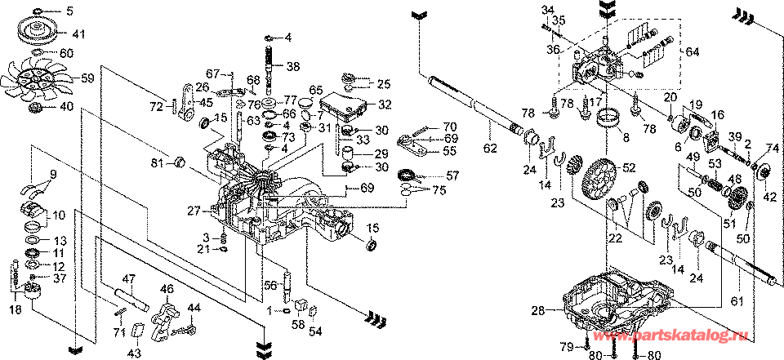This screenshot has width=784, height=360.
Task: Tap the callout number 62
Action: (489, 149)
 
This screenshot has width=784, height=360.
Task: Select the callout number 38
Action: (292, 67)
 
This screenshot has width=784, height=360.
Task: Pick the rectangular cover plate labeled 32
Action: (344, 103)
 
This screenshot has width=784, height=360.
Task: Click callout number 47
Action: (128, 279)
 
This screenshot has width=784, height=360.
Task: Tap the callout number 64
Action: (693, 51)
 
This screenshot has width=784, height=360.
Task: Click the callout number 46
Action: (167, 288)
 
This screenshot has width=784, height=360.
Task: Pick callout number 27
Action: (194, 211)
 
